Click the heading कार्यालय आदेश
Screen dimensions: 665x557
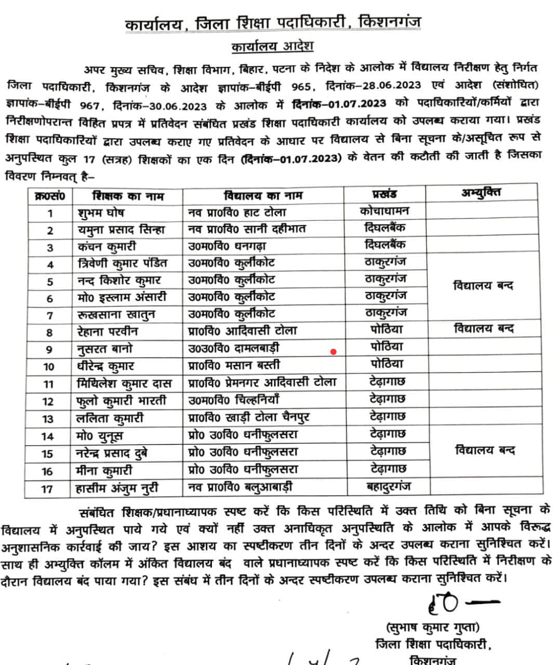pyautogui.click(x=272, y=46)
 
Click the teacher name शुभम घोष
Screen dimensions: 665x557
pyautogui.click(x=100, y=213)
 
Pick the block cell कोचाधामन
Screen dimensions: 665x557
pyautogui.click(x=384, y=211)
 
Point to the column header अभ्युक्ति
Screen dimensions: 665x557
pyautogui.click(x=481, y=193)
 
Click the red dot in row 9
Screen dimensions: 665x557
pyautogui.click(x=333, y=352)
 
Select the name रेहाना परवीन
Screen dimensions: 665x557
pyautogui.click(x=108, y=331)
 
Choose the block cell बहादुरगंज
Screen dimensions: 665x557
pyautogui.click(x=387, y=486)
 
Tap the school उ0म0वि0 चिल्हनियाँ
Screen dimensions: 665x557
pyautogui.click(x=234, y=400)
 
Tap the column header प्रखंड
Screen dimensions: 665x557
pyautogui.click(x=384, y=194)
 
